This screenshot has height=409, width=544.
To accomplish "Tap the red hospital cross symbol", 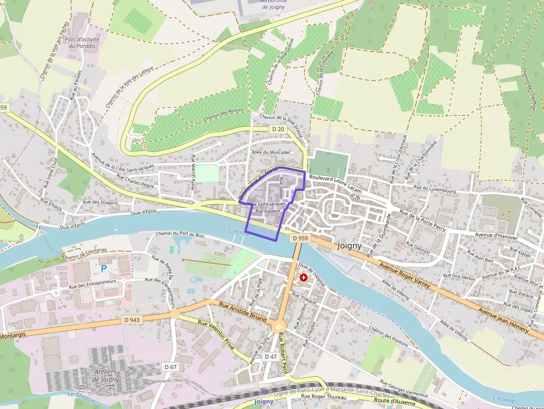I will coord(304,277).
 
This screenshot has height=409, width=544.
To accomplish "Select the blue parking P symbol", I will coord(103,269).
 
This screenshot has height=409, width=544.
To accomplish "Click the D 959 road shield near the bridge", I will coord(300,238).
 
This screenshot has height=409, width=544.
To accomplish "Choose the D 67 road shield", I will coord(170,367).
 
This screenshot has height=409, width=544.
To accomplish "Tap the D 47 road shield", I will coord(270,356).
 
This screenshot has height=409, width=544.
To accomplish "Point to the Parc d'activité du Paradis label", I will coord(80,43).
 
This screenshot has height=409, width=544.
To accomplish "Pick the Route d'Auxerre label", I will coord(395,400).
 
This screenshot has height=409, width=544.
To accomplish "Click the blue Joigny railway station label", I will coord(264,401).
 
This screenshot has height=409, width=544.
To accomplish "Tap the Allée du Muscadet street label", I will coord(271,152).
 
